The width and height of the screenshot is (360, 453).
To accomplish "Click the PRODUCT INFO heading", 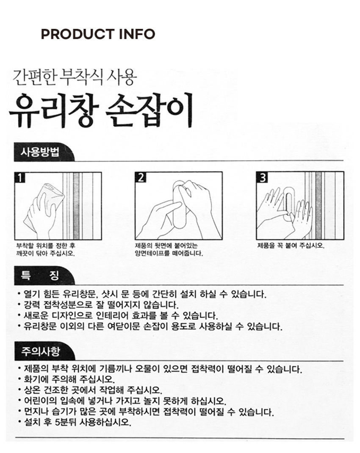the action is pos(98,34).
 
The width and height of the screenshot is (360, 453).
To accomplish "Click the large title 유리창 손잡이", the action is pos(101,110).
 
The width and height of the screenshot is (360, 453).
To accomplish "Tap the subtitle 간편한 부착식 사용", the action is pos(75,77).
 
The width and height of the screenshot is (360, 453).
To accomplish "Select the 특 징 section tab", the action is pos(40,275).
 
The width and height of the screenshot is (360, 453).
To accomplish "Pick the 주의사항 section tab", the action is pos(40,351).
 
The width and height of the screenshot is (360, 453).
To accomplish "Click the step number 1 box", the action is pos(19,177).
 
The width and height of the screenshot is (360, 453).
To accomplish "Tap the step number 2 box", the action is pos(141,177).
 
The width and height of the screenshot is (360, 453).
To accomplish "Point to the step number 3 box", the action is pos(262,177).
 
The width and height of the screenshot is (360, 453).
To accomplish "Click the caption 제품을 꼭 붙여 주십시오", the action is pos(291,246).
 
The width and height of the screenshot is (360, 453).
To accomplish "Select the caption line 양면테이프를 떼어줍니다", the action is pos(169,253).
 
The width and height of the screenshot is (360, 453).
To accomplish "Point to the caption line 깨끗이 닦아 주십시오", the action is pos(45,253).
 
